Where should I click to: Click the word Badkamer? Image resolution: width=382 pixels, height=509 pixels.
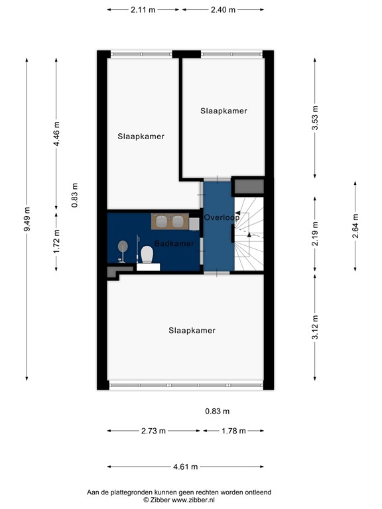[x=174, y=243]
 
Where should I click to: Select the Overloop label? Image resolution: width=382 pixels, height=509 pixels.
[x=222, y=217]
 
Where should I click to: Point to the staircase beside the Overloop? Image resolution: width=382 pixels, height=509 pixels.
[x=249, y=235]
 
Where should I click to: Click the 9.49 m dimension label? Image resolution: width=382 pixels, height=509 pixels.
[x=27, y=219]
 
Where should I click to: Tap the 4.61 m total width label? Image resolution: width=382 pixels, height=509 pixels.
[x=186, y=467]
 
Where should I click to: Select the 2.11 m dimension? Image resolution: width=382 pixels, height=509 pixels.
[x=143, y=10]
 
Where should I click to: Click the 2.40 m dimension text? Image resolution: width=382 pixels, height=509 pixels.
[x=222, y=10]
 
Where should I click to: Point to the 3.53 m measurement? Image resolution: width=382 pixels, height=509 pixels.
[x=316, y=118]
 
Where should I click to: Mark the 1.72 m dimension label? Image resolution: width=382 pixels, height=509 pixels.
[x=57, y=241]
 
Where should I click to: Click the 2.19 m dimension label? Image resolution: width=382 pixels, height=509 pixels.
[x=316, y=234]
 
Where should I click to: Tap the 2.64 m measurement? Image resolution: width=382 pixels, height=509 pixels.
[x=355, y=226]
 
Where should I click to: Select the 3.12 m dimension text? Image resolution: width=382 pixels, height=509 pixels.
[x=316, y=327]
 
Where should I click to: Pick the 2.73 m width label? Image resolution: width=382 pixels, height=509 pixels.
[x=154, y=431]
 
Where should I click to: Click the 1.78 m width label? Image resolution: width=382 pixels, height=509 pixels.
[x=233, y=431]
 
